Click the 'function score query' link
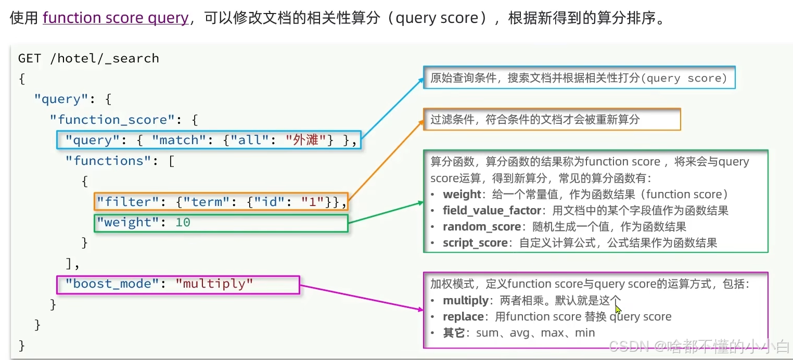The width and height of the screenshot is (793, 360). [116, 18]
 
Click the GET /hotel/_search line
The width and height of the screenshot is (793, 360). [88, 58]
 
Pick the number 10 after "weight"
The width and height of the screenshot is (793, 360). [183, 223]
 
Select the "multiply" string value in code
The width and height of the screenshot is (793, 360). [214, 284]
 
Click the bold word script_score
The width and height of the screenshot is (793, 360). [475, 243]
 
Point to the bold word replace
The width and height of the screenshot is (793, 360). [463, 317]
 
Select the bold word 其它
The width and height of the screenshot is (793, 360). [453, 333]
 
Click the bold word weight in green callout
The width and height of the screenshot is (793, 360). [462, 195]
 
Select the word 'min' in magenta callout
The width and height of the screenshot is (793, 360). [584, 333]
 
